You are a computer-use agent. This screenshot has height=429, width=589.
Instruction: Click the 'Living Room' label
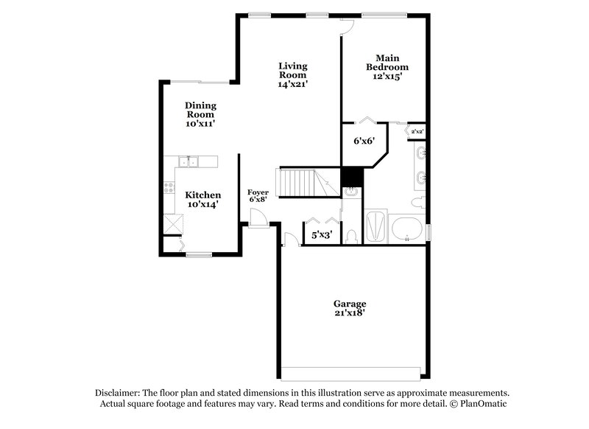click(x=292, y=71)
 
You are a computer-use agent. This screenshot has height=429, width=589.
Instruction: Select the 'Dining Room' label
click(x=200, y=110)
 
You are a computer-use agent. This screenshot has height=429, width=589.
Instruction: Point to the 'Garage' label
click(x=350, y=304)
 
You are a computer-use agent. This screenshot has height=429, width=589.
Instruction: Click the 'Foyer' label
click(x=258, y=192)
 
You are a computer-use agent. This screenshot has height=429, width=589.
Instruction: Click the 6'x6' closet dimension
click(x=363, y=140)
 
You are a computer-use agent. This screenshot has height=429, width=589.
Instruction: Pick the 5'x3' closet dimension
click(x=322, y=235)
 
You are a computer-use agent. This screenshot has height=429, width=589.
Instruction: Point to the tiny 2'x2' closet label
click(x=417, y=132)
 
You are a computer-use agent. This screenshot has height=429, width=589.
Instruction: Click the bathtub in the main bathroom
click(x=406, y=227)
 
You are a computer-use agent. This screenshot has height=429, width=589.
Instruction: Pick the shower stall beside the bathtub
click(x=375, y=228)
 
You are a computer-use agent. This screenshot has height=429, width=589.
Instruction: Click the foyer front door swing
click(x=257, y=218)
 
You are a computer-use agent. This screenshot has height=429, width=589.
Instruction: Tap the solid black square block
click(x=351, y=177)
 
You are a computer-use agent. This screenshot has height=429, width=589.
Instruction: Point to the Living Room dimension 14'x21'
click(x=292, y=84)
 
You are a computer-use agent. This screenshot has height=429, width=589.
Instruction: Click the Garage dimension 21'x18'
click(x=350, y=313)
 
